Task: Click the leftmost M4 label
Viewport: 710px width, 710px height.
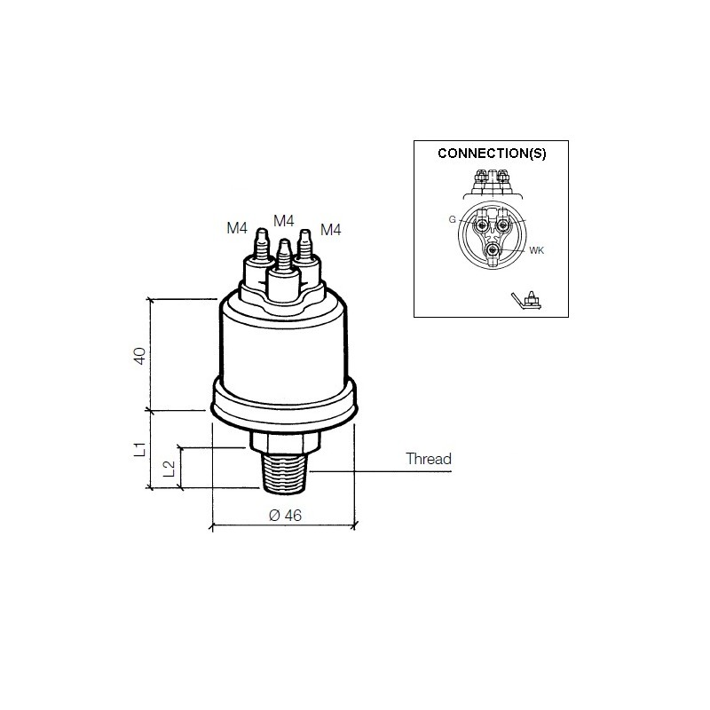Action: click(236, 228)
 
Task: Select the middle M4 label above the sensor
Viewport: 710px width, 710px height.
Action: click(284, 220)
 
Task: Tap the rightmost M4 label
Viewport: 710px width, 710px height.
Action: click(331, 229)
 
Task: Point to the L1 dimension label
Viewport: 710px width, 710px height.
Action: click(139, 448)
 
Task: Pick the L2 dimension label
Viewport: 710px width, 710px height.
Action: click(170, 467)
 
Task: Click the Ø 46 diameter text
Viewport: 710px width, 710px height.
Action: click(283, 515)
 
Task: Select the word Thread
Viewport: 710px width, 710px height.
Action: click(429, 459)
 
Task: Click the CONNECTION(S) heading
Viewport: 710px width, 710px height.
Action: click(492, 153)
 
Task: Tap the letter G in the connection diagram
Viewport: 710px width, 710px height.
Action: click(453, 218)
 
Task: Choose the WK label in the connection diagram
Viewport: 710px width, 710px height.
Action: click(536, 251)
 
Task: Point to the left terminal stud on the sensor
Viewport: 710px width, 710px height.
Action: click(261, 250)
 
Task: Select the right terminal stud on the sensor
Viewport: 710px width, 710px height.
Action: click(305, 250)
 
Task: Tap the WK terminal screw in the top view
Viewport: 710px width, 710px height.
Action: click(492, 252)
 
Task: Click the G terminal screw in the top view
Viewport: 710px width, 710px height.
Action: click(481, 226)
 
